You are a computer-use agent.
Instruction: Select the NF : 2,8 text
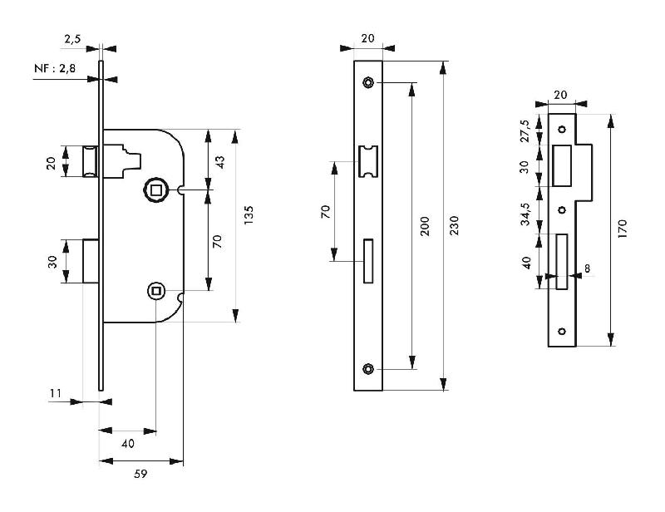56,70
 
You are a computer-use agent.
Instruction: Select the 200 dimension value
425,226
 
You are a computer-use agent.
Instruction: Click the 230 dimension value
454,225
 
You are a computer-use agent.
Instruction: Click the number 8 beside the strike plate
587,268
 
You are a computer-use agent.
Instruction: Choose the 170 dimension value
623,229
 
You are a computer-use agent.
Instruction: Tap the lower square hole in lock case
155,290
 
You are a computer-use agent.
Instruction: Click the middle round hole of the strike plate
561,209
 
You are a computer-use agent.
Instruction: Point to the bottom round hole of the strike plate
561,332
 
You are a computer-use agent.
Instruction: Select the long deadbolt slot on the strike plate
561,261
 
